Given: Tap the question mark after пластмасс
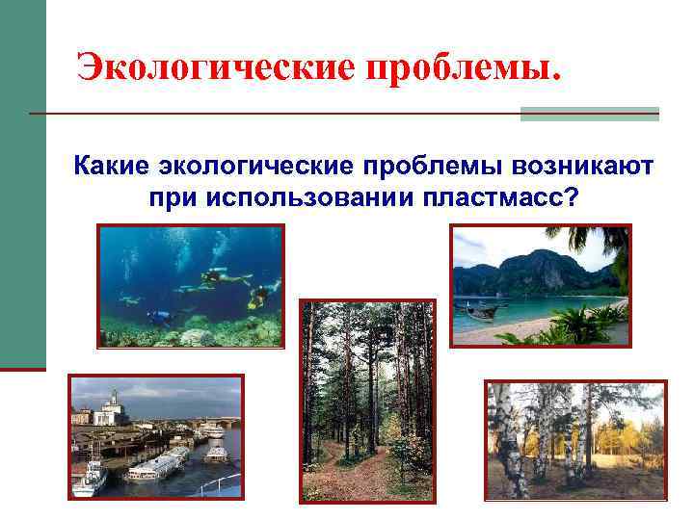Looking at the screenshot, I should pos(572,198).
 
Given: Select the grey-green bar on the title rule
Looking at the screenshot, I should pos(589,114).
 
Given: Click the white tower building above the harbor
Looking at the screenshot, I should pos(113,404).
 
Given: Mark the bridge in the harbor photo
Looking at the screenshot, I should pos(207,424).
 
